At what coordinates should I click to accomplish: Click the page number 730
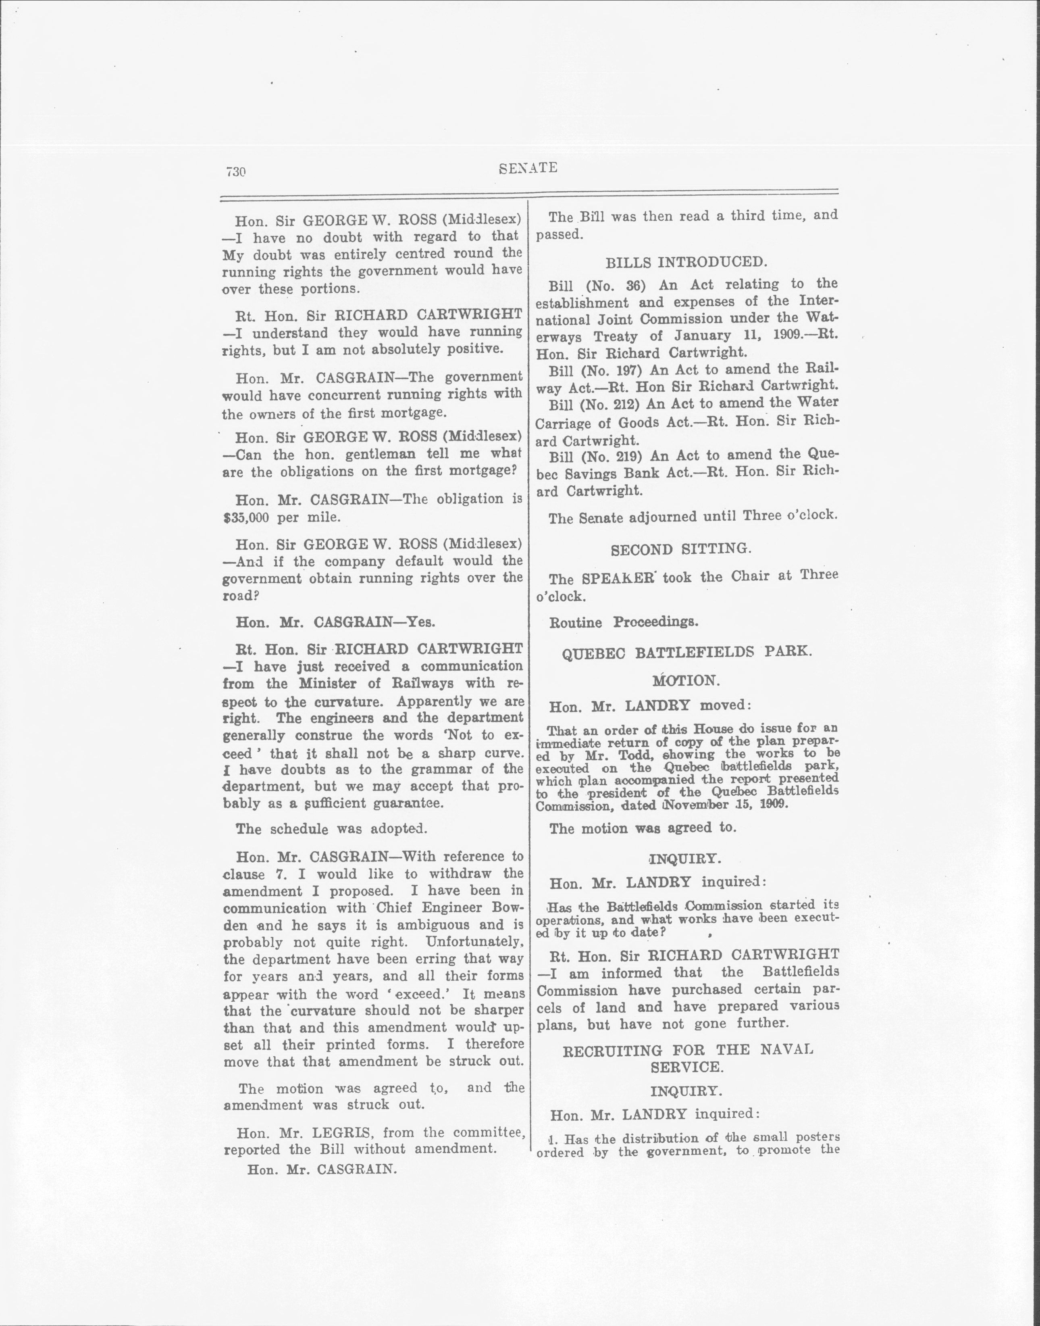235,172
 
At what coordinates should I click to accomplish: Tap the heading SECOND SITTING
681,549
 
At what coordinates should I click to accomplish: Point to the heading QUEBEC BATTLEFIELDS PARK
687,651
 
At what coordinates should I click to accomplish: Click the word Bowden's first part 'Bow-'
507,908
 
